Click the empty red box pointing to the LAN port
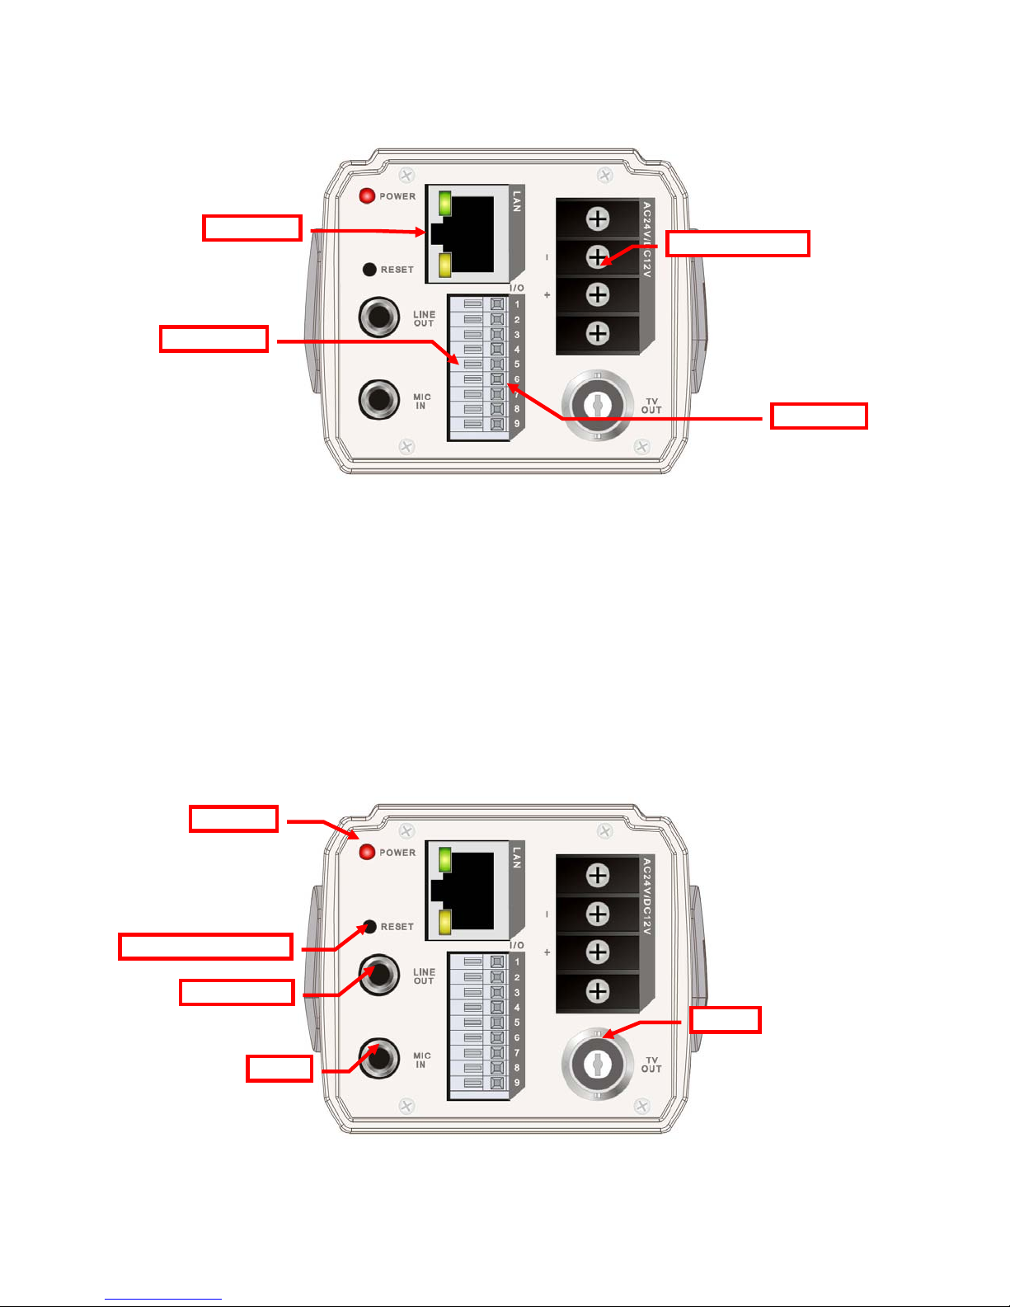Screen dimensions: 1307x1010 [x=252, y=228]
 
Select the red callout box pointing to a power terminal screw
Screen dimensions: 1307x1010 [x=737, y=244]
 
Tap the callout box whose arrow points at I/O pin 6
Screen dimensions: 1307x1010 [x=818, y=416]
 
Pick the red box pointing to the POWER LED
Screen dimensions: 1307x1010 [x=233, y=819]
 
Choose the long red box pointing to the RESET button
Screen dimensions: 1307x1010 [x=205, y=946]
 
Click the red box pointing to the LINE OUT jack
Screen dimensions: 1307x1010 [x=237, y=992]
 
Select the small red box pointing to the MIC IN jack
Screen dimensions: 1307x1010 [x=280, y=1069]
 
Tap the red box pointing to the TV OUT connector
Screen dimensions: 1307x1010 [x=725, y=1020]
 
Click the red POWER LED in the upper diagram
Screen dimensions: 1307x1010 [x=368, y=196]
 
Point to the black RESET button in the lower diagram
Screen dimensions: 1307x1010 [x=370, y=927]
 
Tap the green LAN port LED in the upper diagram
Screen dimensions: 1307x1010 [x=445, y=203]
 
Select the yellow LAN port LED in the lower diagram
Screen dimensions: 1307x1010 [x=445, y=922]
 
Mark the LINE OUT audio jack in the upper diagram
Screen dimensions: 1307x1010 [x=379, y=317]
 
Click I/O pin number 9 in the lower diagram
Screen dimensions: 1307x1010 [x=517, y=1083]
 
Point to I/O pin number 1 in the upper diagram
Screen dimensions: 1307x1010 [x=517, y=305]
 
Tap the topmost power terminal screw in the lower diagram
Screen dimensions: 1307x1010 [x=598, y=875]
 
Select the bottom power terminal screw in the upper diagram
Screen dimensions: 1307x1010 [x=598, y=333]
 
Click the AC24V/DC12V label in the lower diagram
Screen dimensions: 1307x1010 [x=647, y=896]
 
